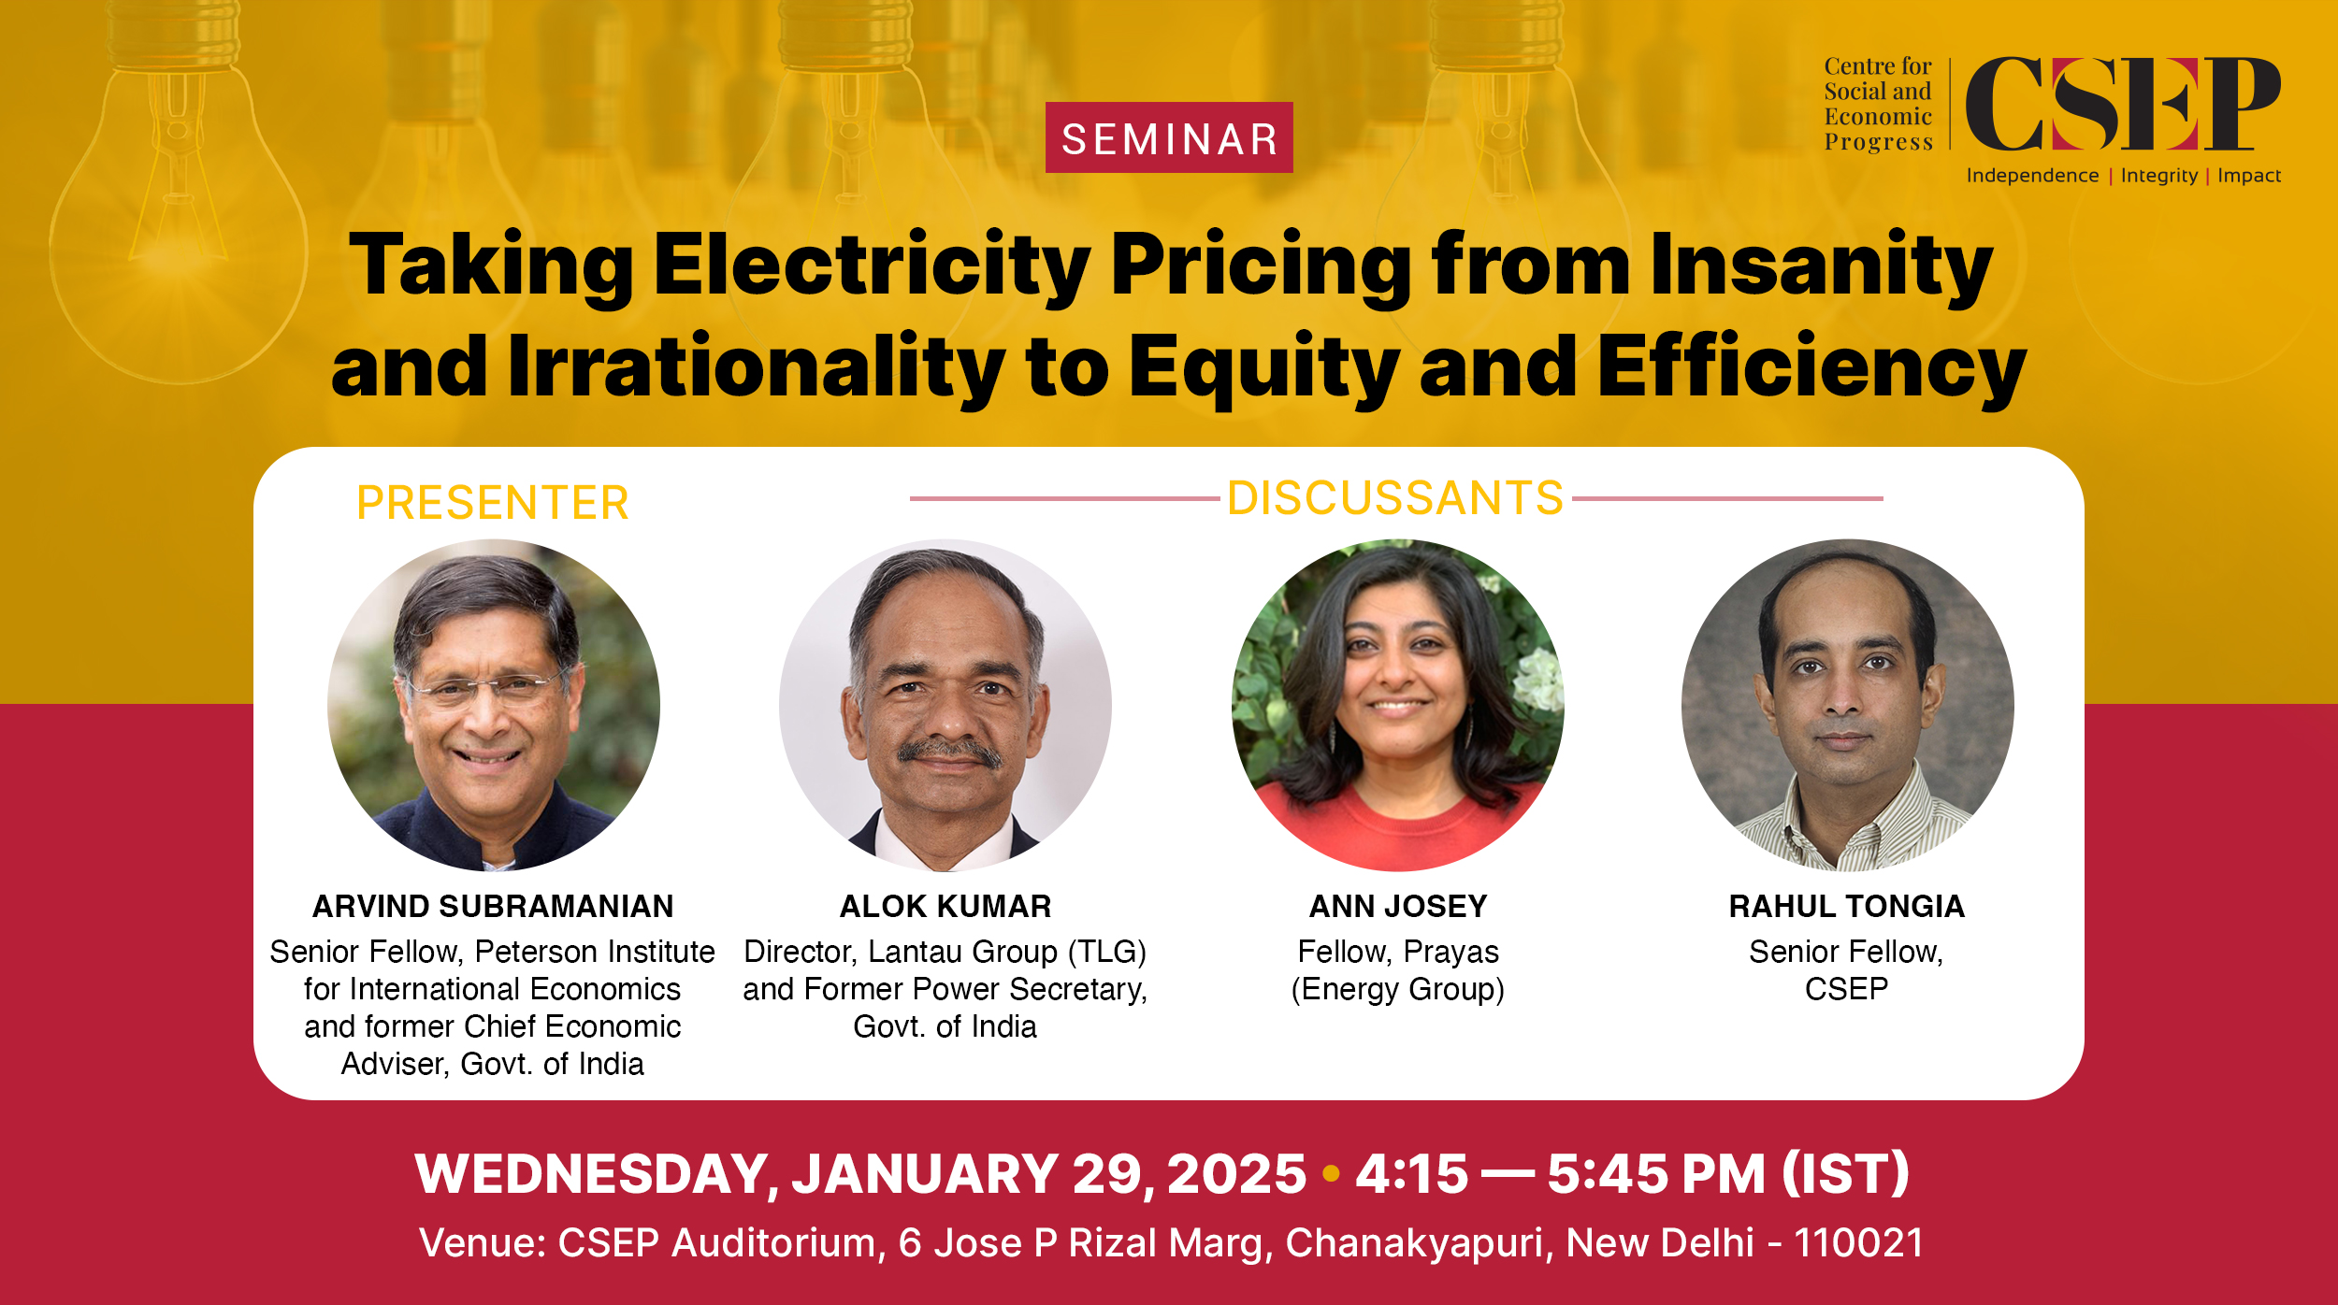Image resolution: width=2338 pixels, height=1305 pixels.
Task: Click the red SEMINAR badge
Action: [x=1169, y=137]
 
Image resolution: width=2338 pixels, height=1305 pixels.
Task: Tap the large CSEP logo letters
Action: [x=2123, y=104]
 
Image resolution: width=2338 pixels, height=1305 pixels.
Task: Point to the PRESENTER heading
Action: [x=493, y=503]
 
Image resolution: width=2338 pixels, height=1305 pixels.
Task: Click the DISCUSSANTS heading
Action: [x=1395, y=498]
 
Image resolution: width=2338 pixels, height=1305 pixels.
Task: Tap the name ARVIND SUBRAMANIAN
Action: [x=493, y=906]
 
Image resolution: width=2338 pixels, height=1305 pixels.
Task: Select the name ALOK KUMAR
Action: [x=945, y=906]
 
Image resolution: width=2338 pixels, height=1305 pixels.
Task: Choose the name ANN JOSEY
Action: [x=1398, y=906]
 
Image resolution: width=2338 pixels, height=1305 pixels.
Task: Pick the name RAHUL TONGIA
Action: [x=1847, y=906]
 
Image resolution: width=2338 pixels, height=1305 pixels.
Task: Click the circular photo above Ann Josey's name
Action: [x=1398, y=705]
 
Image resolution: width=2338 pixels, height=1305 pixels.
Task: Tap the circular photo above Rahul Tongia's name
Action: [x=1848, y=705]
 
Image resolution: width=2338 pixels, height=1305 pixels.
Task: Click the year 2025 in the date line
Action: [x=1236, y=1174]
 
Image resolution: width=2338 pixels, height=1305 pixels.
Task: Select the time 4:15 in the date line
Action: [x=1412, y=1174]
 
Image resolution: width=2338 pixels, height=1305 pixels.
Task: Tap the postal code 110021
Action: [x=1858, y=1242]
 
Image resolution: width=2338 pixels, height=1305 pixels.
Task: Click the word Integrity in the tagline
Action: [x=2159, y=176]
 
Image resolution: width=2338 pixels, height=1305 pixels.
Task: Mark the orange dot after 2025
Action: [x=1332, y=1173]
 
